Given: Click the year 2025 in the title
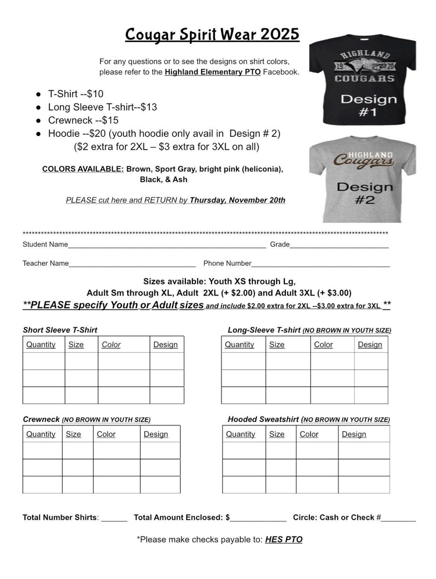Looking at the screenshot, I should coord(280,35).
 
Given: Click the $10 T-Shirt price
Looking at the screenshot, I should coord(93,94).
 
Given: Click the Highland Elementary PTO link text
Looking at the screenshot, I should coord(212,72).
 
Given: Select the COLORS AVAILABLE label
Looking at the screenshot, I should coord(83,169).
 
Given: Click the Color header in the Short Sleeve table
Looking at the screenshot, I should coord(111,344).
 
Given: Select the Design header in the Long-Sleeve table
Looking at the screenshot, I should coord(370,344).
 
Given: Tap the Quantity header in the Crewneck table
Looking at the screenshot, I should coord(41,434).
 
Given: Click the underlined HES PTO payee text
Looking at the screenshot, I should coord(284,539).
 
